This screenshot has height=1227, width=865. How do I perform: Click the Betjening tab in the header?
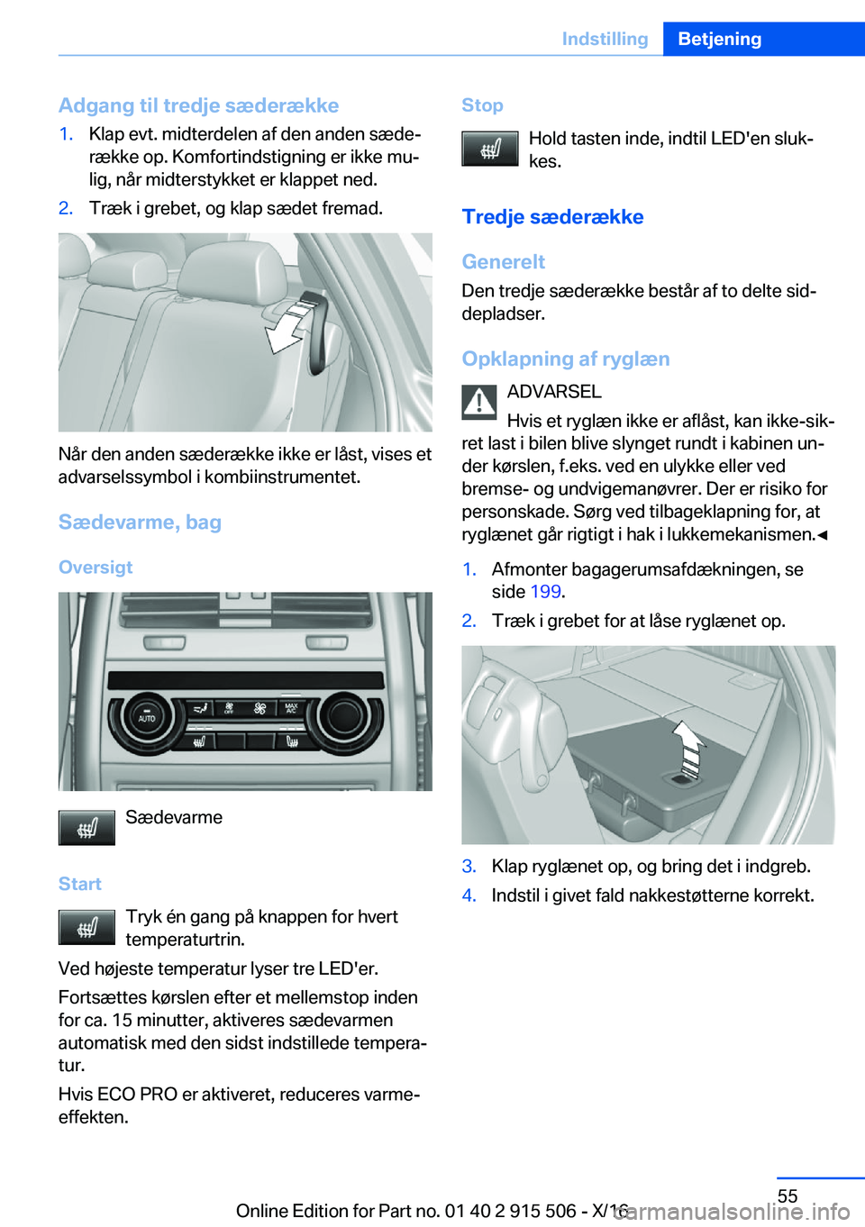(x=719, y=39)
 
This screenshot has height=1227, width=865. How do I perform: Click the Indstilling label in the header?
(x=605, y=39)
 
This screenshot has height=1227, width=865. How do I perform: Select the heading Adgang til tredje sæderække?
(x=198, y=105)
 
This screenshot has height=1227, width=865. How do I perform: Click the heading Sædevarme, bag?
(x=140, y=522)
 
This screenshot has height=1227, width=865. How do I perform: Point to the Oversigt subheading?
(x=96, y=567)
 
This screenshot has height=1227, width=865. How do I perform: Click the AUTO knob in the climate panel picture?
(x=146, y=718)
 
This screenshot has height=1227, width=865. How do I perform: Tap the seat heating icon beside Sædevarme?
(x=86, y=828)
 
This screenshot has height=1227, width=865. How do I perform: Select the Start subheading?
(x=80, y=884)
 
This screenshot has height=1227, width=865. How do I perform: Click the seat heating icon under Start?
(x=86, y=927)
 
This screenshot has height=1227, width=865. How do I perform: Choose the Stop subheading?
(x=482, y=105)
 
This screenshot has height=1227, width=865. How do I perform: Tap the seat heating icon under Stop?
(x=490, y=149)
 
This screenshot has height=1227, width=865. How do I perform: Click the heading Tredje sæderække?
(x=552, y=217)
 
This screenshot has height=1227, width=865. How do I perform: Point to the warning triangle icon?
(x=479, y=402)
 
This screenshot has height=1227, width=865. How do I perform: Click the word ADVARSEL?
(x=554, y=392)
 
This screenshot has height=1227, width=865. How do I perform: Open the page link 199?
(x=545, y=592)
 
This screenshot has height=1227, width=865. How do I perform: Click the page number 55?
(x=788, y=1195)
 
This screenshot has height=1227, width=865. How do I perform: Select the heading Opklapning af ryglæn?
(x=566, y=359)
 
